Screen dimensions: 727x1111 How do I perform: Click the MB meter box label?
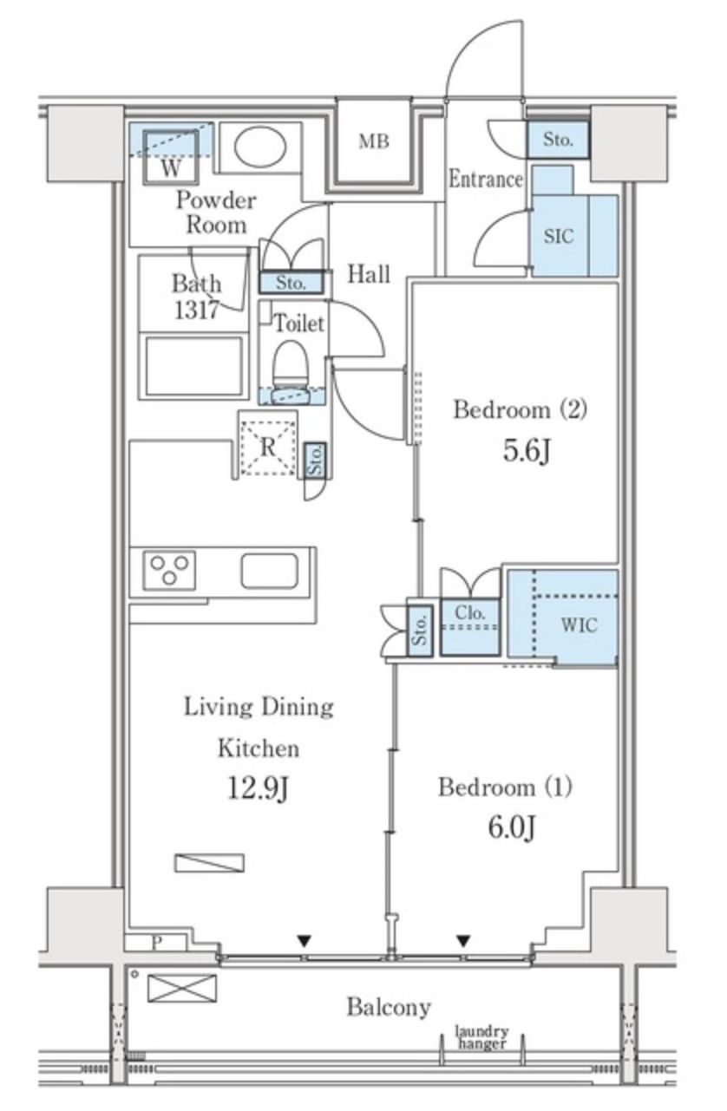[374, 142]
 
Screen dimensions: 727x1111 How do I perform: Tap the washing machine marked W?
[171, 157]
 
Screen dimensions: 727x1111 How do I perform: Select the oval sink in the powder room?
[260, 147]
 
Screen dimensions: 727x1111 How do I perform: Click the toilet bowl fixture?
[291, 369]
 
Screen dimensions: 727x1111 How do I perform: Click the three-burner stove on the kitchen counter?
[169, 570]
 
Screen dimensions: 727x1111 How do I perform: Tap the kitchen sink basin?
[270, 571]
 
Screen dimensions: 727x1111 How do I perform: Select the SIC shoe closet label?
[559, 237]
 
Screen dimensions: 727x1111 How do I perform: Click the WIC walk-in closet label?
[579, 624]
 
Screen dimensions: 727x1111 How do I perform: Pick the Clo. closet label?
[469, 613]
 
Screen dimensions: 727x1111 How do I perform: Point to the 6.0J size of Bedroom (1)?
[512, 827]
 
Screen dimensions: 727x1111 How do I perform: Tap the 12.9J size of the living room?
[258, 788]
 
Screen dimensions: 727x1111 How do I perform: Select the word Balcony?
[389, 1007]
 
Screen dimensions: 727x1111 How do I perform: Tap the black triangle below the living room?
[305, 940]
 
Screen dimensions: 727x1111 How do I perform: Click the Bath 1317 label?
[197, 297]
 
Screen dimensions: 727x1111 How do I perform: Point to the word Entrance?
[485, 179]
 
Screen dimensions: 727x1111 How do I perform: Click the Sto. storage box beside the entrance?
[558, 140]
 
